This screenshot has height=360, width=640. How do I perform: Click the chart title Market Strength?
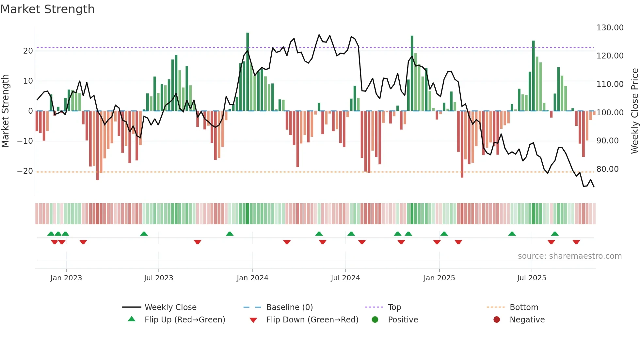pyautogui.click(x=47, y=9)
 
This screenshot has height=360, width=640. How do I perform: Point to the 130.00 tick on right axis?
pyautogui.click(x=610, y=28)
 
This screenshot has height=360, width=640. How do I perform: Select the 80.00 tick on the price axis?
pyautogui.click(x=607, y=169)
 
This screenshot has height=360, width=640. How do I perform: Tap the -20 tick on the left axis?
pyautogui.click(x=25, y=171)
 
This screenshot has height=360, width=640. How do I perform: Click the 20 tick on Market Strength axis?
pyautogui.click(x=28, y=51)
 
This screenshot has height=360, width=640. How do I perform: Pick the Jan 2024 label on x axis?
pyautogui.click(x=252, y=278)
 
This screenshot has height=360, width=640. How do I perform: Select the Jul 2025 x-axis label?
pyautogui.click(x=531, y=278)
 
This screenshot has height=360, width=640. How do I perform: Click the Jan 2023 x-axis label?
pyautogui.click(x=66, y=278)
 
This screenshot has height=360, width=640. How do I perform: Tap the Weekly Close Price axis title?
pyautogui.click(x=634, y=111)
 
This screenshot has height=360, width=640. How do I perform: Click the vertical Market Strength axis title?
pyautogui.click(x=5, y=111)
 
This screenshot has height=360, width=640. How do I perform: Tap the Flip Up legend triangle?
pyautogui.click(x=132, y=319)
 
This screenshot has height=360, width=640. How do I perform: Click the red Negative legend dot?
pyautogui.click(x=496, y=320)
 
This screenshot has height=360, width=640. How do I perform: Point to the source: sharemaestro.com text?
pyautogui.click(x=569, y=256)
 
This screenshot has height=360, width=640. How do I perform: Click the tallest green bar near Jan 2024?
pyautogui.click(x=248, y=72)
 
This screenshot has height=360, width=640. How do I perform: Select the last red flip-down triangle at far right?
pyautogui.click(x=576, y=242)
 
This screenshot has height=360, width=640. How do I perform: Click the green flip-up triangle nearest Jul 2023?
pyautogui.click(x=144, y=234)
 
